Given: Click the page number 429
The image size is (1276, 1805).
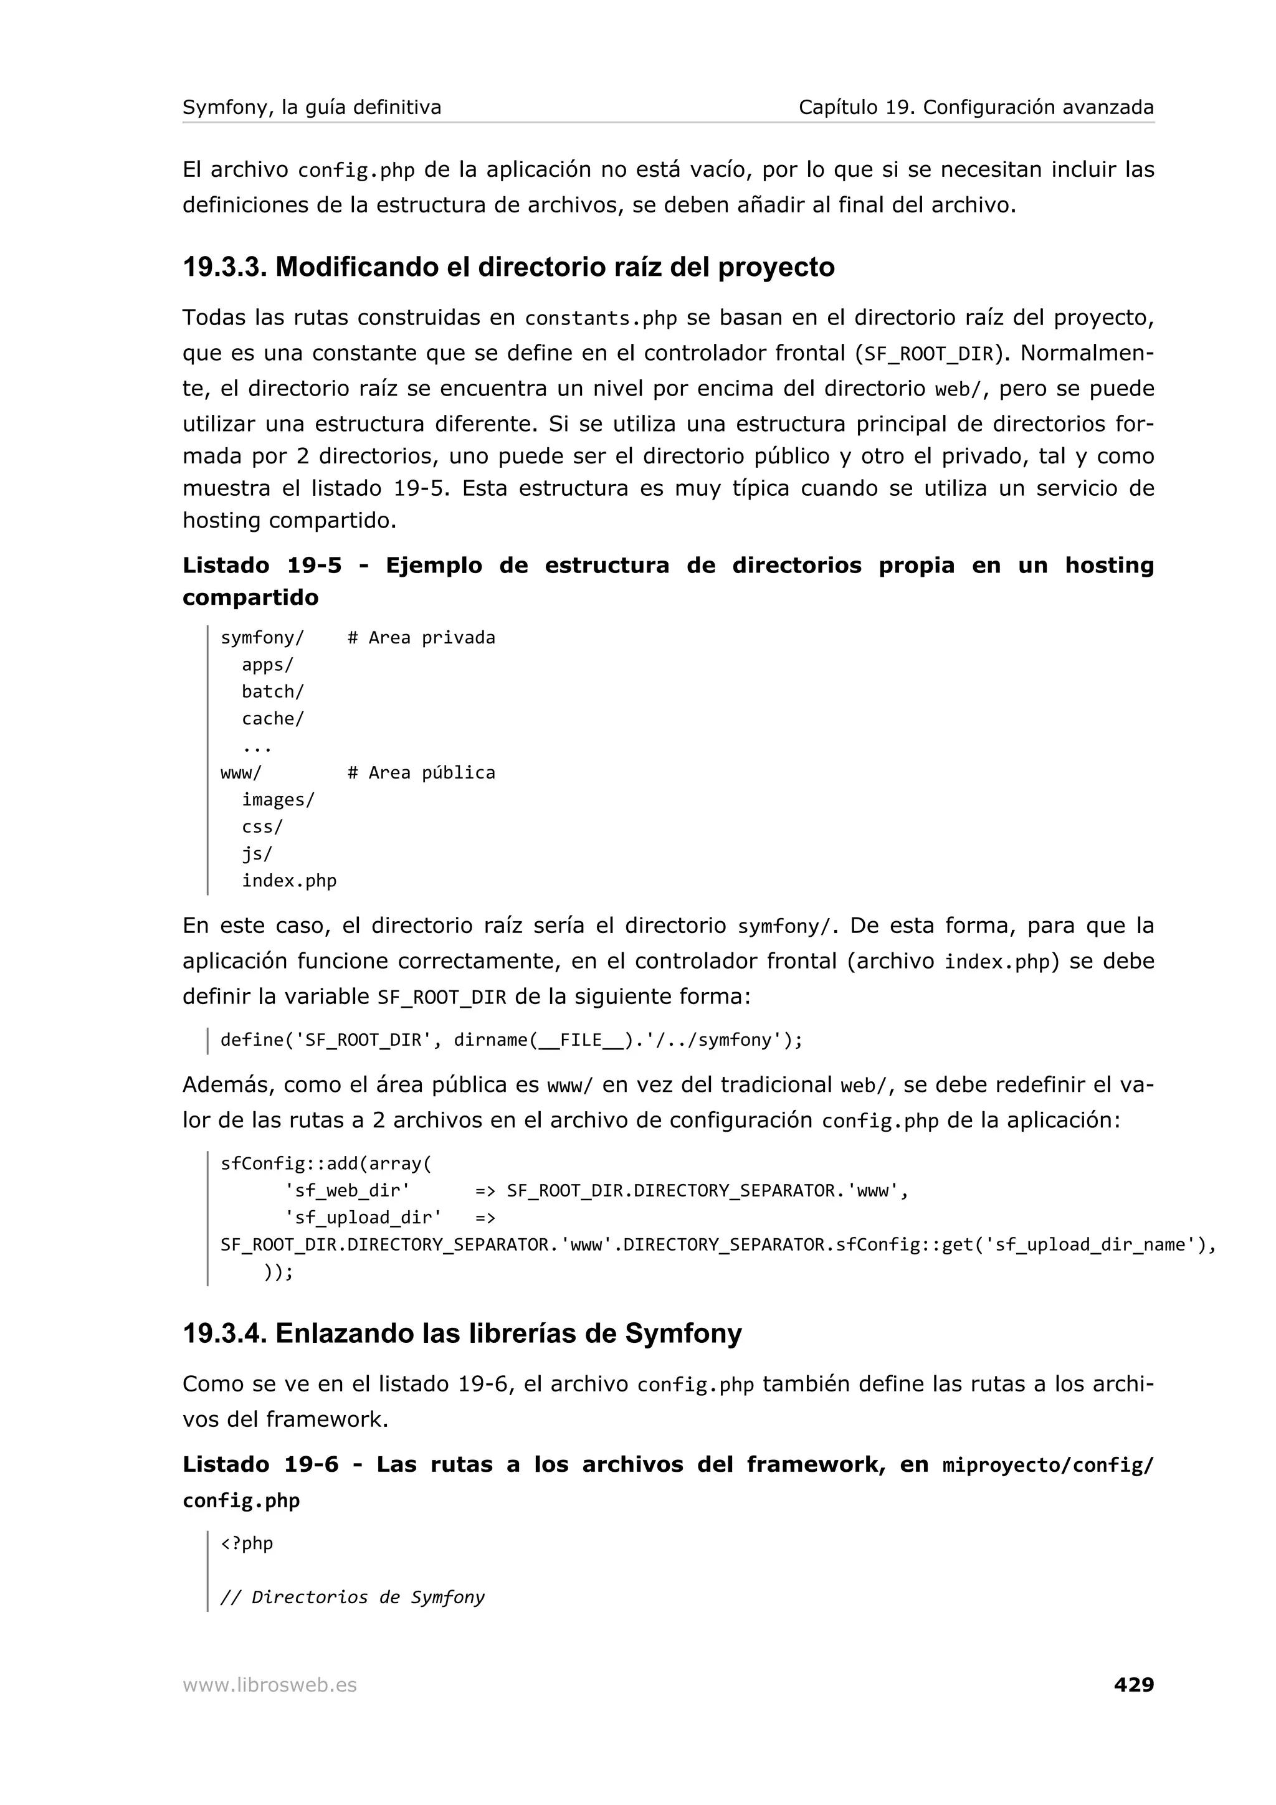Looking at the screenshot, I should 1133,1684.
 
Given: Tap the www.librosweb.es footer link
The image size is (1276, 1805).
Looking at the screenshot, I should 270,1685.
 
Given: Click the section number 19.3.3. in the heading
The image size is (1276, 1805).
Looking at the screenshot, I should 224,267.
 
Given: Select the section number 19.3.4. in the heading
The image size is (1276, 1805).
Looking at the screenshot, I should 224,1334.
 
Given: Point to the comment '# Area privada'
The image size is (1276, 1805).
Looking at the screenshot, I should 421,638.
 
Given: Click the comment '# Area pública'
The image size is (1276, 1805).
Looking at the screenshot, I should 421,773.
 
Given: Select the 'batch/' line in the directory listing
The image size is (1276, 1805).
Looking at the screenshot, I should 272,692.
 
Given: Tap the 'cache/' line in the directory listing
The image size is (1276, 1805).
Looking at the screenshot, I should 272,719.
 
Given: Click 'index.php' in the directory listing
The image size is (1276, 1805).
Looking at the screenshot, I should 288,881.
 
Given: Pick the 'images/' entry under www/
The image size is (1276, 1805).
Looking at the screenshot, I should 277,800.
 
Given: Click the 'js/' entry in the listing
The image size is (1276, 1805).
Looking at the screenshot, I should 256,854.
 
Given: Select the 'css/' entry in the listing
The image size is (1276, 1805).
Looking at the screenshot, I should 262,827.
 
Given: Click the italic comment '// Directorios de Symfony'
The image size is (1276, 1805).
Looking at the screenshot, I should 352,1597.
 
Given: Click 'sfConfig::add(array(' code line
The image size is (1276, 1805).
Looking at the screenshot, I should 325,1163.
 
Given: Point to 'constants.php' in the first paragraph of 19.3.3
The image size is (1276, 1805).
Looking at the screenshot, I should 601,318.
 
